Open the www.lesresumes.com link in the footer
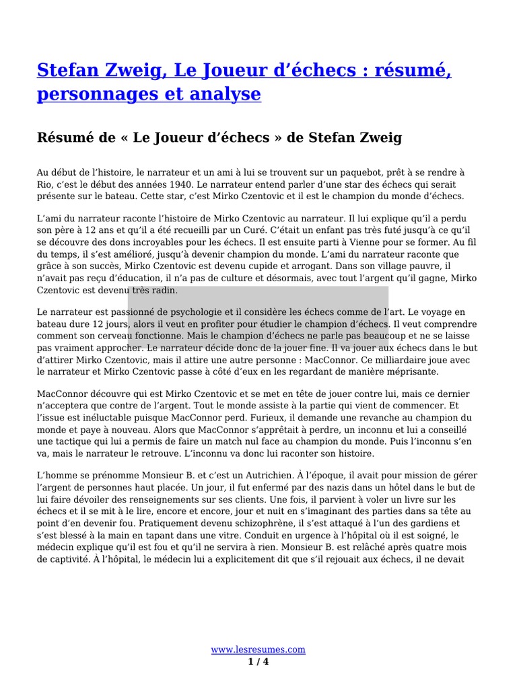click(258, 649)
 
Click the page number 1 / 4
click(258, 661)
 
